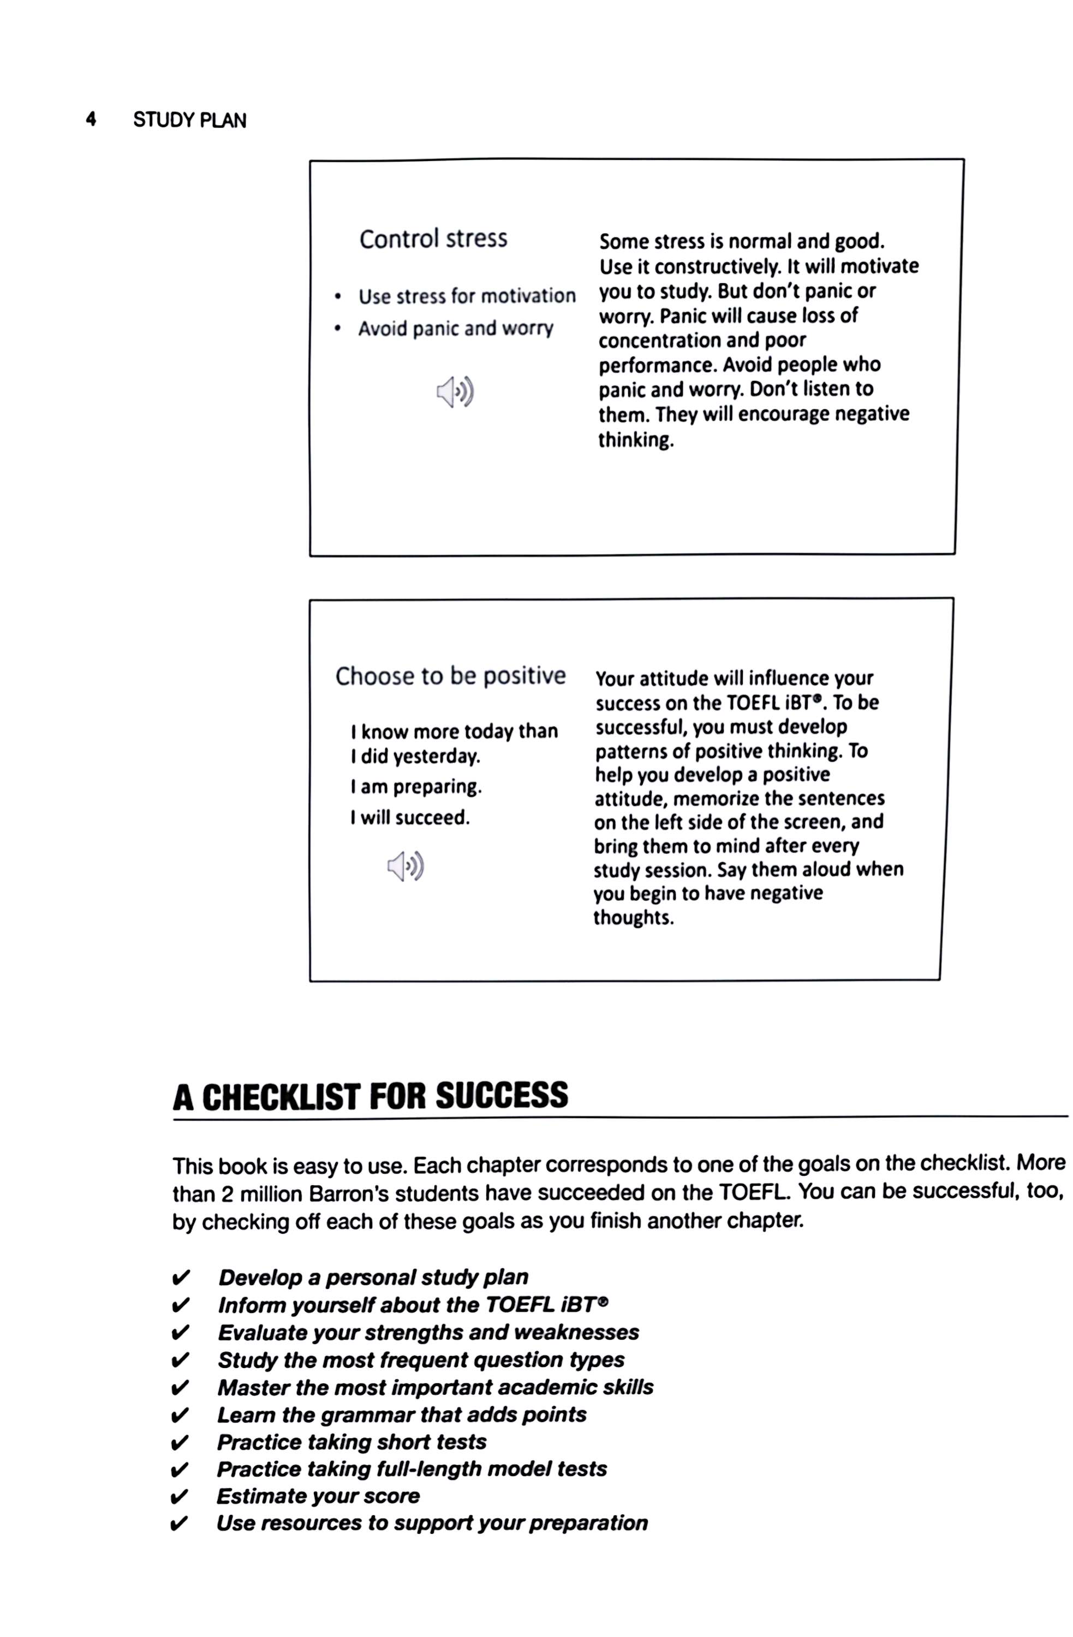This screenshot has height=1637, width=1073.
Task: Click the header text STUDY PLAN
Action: [189, 121]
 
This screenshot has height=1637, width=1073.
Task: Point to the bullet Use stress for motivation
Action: [466, 296]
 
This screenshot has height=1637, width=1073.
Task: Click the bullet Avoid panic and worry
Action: [455, 329]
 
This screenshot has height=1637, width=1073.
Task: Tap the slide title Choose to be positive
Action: [450, 676]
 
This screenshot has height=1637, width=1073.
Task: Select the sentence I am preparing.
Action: [415, 786]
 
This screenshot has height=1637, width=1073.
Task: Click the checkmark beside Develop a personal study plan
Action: [180, 1278]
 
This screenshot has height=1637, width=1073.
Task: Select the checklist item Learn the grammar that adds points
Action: [402, 1415]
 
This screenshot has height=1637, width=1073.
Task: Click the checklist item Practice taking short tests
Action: [351, 1442]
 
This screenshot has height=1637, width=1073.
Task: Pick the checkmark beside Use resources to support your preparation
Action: [177, 1524]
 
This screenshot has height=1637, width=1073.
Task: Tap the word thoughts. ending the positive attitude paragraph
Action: [633, 918]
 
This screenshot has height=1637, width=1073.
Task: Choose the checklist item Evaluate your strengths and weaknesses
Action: [428, 1333]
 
